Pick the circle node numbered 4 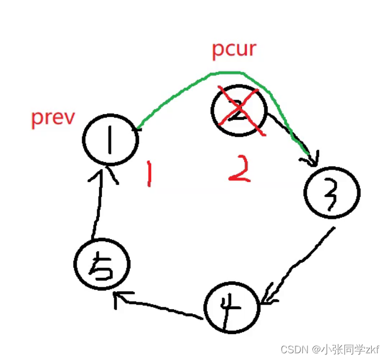click(231, 307)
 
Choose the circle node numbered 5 click(102, 264)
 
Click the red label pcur click(234, 49)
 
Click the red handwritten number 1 click(148, 174)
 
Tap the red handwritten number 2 click(240, 170)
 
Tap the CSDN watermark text click(330, 349)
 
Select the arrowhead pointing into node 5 click(119, 299)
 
